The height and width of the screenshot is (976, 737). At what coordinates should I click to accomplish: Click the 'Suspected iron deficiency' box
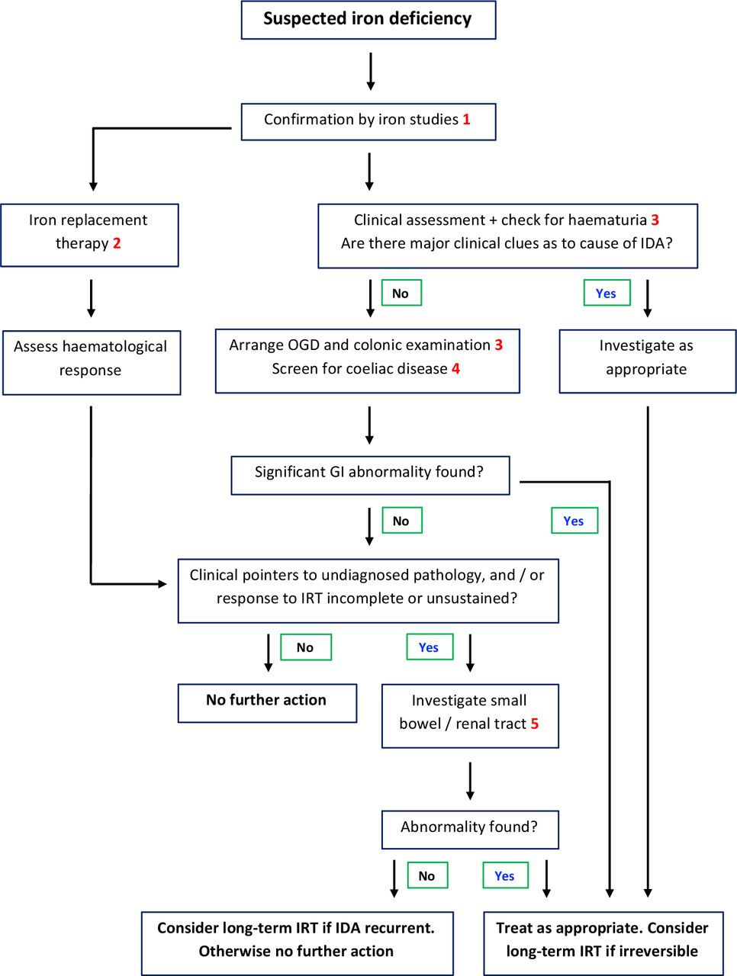(368, 20)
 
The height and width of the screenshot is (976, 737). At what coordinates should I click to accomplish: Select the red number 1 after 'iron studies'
(466, 120)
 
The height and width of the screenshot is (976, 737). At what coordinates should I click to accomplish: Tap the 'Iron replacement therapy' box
(89, 235)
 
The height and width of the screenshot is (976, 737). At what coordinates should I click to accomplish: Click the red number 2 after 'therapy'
(117, 243)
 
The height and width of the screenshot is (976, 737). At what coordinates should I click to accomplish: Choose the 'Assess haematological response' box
(92, 362)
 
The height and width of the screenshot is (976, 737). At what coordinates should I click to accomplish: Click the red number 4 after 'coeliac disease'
(455, 368)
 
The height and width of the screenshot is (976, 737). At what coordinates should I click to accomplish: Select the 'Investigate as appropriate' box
(648, 361)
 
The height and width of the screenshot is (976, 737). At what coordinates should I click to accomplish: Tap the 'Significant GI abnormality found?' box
(370, 475)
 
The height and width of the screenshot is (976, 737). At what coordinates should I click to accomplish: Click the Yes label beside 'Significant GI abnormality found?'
(574, 520)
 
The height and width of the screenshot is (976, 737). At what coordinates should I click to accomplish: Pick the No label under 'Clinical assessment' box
(401, 293)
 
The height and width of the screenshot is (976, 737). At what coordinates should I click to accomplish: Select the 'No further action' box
(267, 703)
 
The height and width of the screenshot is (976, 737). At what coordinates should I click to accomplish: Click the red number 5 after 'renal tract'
(534, 724)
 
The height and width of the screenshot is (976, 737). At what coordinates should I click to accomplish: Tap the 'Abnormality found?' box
(470, 830)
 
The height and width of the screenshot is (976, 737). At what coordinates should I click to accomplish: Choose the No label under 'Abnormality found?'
(427, 875)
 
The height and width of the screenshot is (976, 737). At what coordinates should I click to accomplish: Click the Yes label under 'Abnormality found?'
(505, 875)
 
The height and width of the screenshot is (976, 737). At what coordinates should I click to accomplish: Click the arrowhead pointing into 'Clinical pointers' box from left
(163, 584)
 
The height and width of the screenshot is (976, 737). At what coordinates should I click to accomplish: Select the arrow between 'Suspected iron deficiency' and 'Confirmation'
(371, 72)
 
